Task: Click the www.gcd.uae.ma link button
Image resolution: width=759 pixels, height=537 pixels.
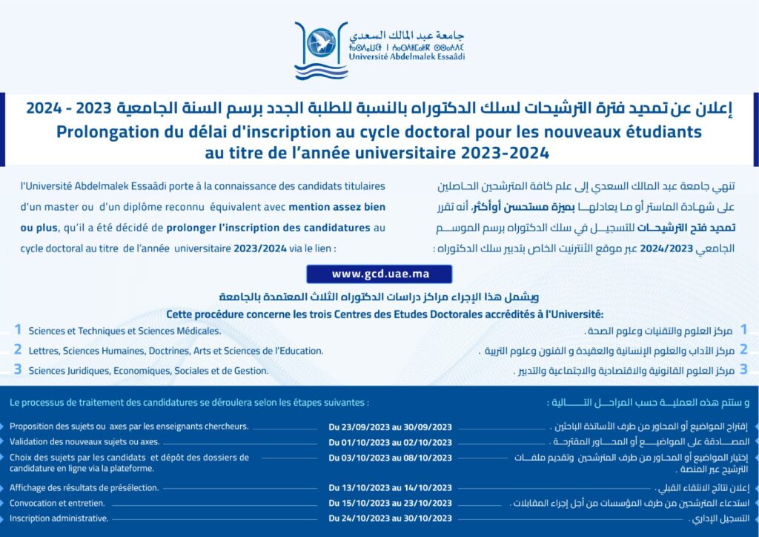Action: [381, 274]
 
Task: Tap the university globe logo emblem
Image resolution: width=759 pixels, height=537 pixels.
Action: [321, 42]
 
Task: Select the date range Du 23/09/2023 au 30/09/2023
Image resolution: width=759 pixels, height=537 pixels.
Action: [390, 427]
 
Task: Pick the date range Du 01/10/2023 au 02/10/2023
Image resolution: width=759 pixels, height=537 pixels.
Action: [390, 442]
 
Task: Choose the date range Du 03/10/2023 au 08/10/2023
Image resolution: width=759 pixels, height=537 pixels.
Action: [390, 458]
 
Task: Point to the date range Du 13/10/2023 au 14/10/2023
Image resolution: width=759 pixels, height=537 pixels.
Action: [390, 487]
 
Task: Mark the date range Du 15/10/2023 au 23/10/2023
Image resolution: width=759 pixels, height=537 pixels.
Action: [390, 503]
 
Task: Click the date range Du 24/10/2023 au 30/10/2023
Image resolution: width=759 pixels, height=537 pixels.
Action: [390, 518]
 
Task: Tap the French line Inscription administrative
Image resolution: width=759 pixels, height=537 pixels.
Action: [59, 518]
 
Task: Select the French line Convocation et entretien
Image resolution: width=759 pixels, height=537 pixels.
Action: [58, 503]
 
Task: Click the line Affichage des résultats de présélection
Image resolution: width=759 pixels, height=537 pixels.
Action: [84, 487]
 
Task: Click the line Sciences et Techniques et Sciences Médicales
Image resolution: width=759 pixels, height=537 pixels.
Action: [125, 331]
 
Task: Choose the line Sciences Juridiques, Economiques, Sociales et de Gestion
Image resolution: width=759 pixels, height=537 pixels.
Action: [148, 370]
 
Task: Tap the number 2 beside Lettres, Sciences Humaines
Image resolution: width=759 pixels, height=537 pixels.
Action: [18, 349]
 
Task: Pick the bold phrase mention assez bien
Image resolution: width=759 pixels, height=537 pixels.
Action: [337, 207]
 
